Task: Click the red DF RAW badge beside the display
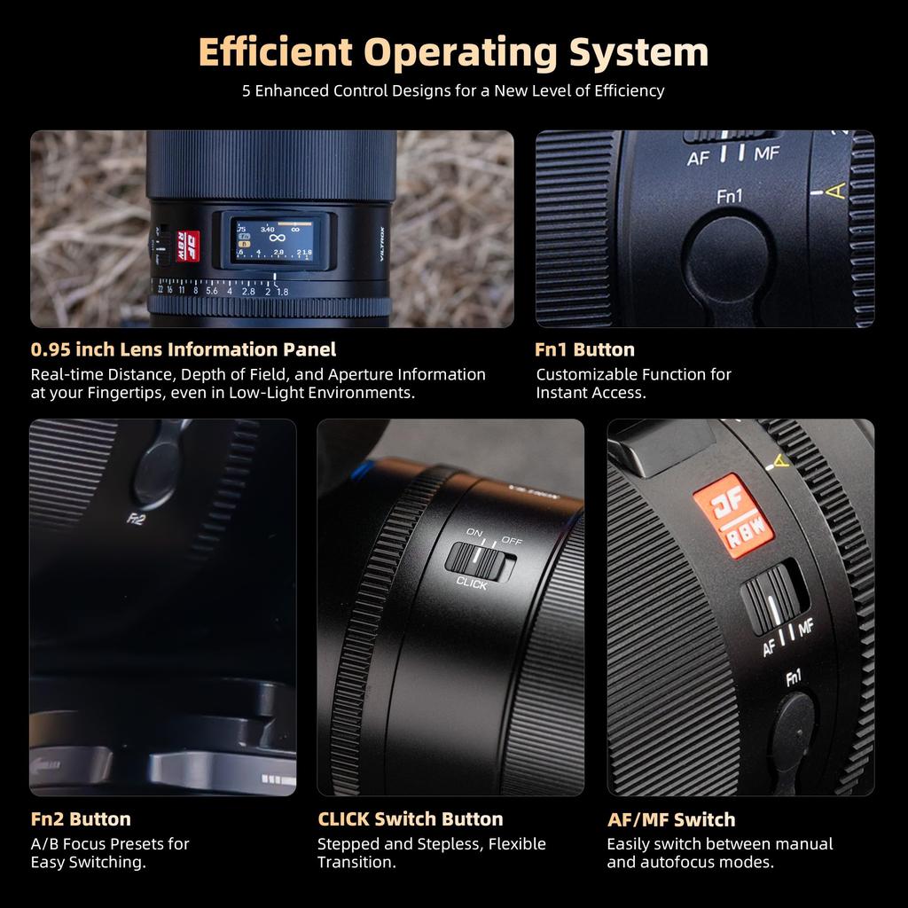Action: (188, 244)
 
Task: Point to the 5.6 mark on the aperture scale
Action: (211, 291)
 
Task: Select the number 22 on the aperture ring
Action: (159, 289)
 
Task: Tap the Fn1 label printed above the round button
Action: (729, 196)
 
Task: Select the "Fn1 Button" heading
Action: (584, 349)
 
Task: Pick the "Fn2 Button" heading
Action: (81, 819)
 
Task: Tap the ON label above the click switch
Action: (476, 534)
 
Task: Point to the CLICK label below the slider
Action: (472, 583)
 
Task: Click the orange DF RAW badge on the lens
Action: (732, 515)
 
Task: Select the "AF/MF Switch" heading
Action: (670, 819)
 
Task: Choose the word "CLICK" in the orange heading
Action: (343, 819)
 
